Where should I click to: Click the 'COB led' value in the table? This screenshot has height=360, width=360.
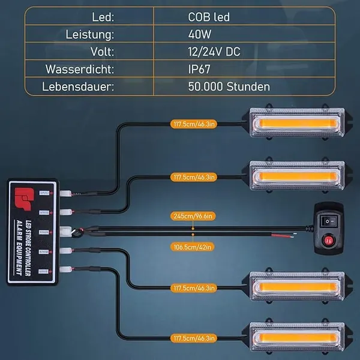(209, 17)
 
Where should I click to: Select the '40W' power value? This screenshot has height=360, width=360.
(200, 34)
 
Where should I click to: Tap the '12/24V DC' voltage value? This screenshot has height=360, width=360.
(214, 52)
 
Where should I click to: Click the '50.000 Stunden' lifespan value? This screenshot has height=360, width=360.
(229, 86)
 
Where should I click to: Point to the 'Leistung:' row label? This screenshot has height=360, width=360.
(91, 34)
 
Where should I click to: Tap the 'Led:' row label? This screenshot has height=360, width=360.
(105, 17)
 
